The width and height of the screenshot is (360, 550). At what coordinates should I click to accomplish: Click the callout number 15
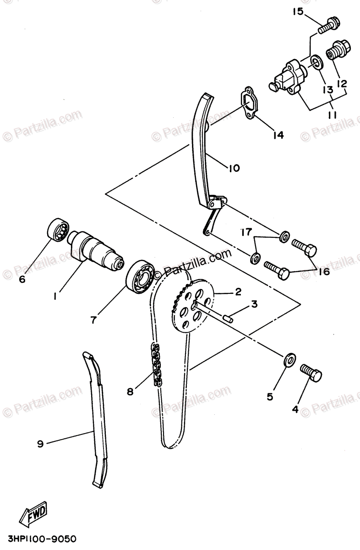point(298,11)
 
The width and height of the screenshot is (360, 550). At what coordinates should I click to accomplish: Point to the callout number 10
point(233,168)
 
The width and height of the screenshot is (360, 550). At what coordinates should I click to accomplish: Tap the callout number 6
point(22,278)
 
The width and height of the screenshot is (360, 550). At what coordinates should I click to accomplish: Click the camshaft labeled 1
point(97,250)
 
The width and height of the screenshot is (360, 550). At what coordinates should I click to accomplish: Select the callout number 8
point(131,391)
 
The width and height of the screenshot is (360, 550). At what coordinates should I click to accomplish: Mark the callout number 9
point(40,443)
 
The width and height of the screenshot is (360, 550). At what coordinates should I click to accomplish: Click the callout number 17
point(246,232)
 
